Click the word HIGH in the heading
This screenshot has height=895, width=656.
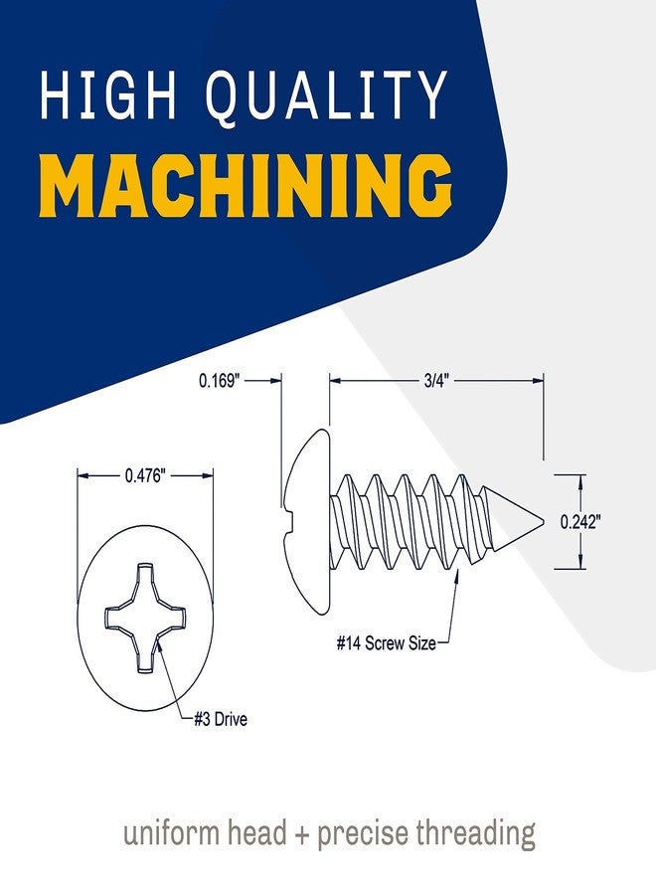(x=108, y=94)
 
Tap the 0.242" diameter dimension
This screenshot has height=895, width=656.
(x=580, y=522)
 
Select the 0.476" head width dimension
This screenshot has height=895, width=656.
(x=145, y=475)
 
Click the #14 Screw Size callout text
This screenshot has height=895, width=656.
(x=387, y=643)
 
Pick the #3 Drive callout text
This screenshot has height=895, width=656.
(x=221, y=719)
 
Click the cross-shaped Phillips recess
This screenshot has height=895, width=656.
(x=145, y=619)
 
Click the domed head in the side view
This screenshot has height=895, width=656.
(x=307, y=522)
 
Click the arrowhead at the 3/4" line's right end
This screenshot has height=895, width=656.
(x=538, y=380)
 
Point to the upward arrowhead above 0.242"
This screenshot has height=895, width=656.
(x=580, y=480)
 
